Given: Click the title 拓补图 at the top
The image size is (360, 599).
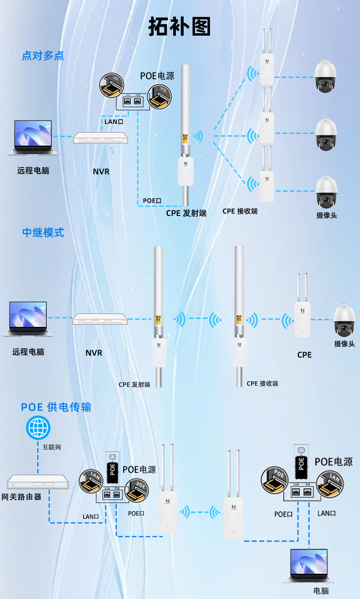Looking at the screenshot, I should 180,27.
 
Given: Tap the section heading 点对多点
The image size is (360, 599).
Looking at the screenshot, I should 43,56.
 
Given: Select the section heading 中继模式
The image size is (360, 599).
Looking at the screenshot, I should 43,232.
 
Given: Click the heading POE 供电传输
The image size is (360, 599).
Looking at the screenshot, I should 56,407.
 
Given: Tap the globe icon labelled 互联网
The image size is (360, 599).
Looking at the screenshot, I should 38,428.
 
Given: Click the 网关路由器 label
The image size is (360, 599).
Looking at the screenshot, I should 21,497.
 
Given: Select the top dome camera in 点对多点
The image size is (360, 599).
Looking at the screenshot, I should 326,76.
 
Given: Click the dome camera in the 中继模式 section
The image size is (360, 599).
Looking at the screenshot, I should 344,319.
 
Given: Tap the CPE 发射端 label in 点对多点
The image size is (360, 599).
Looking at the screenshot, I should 186,213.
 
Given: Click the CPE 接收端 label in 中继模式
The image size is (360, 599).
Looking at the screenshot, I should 262,384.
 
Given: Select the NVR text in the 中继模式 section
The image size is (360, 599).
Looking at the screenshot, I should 94,353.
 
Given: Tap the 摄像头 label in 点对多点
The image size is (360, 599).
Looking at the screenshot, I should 327,215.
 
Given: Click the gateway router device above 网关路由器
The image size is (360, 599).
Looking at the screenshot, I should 38,483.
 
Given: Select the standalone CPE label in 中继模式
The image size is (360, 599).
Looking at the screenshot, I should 304,354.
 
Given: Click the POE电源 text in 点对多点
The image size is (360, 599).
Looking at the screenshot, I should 157,76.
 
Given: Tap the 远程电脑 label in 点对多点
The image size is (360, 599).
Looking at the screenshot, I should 33,171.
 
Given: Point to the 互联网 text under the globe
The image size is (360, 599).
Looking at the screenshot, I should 51,447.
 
